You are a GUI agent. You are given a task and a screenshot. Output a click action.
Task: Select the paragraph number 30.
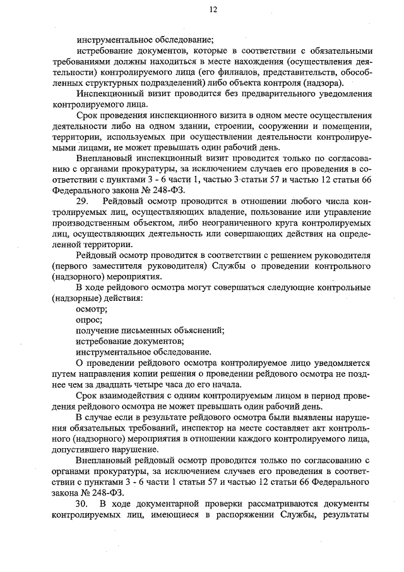click(82, 504)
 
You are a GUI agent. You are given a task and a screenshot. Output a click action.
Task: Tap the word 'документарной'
click(185, 504)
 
